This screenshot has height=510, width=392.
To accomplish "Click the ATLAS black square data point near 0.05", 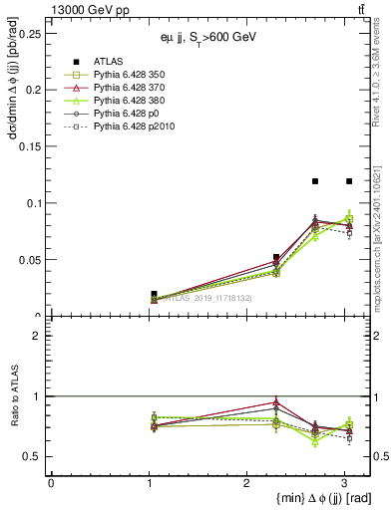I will [x=276, y=257].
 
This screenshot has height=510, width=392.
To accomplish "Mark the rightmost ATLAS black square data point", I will [x=349, y=181].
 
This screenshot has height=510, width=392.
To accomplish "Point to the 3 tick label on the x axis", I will [x=343, y=482].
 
